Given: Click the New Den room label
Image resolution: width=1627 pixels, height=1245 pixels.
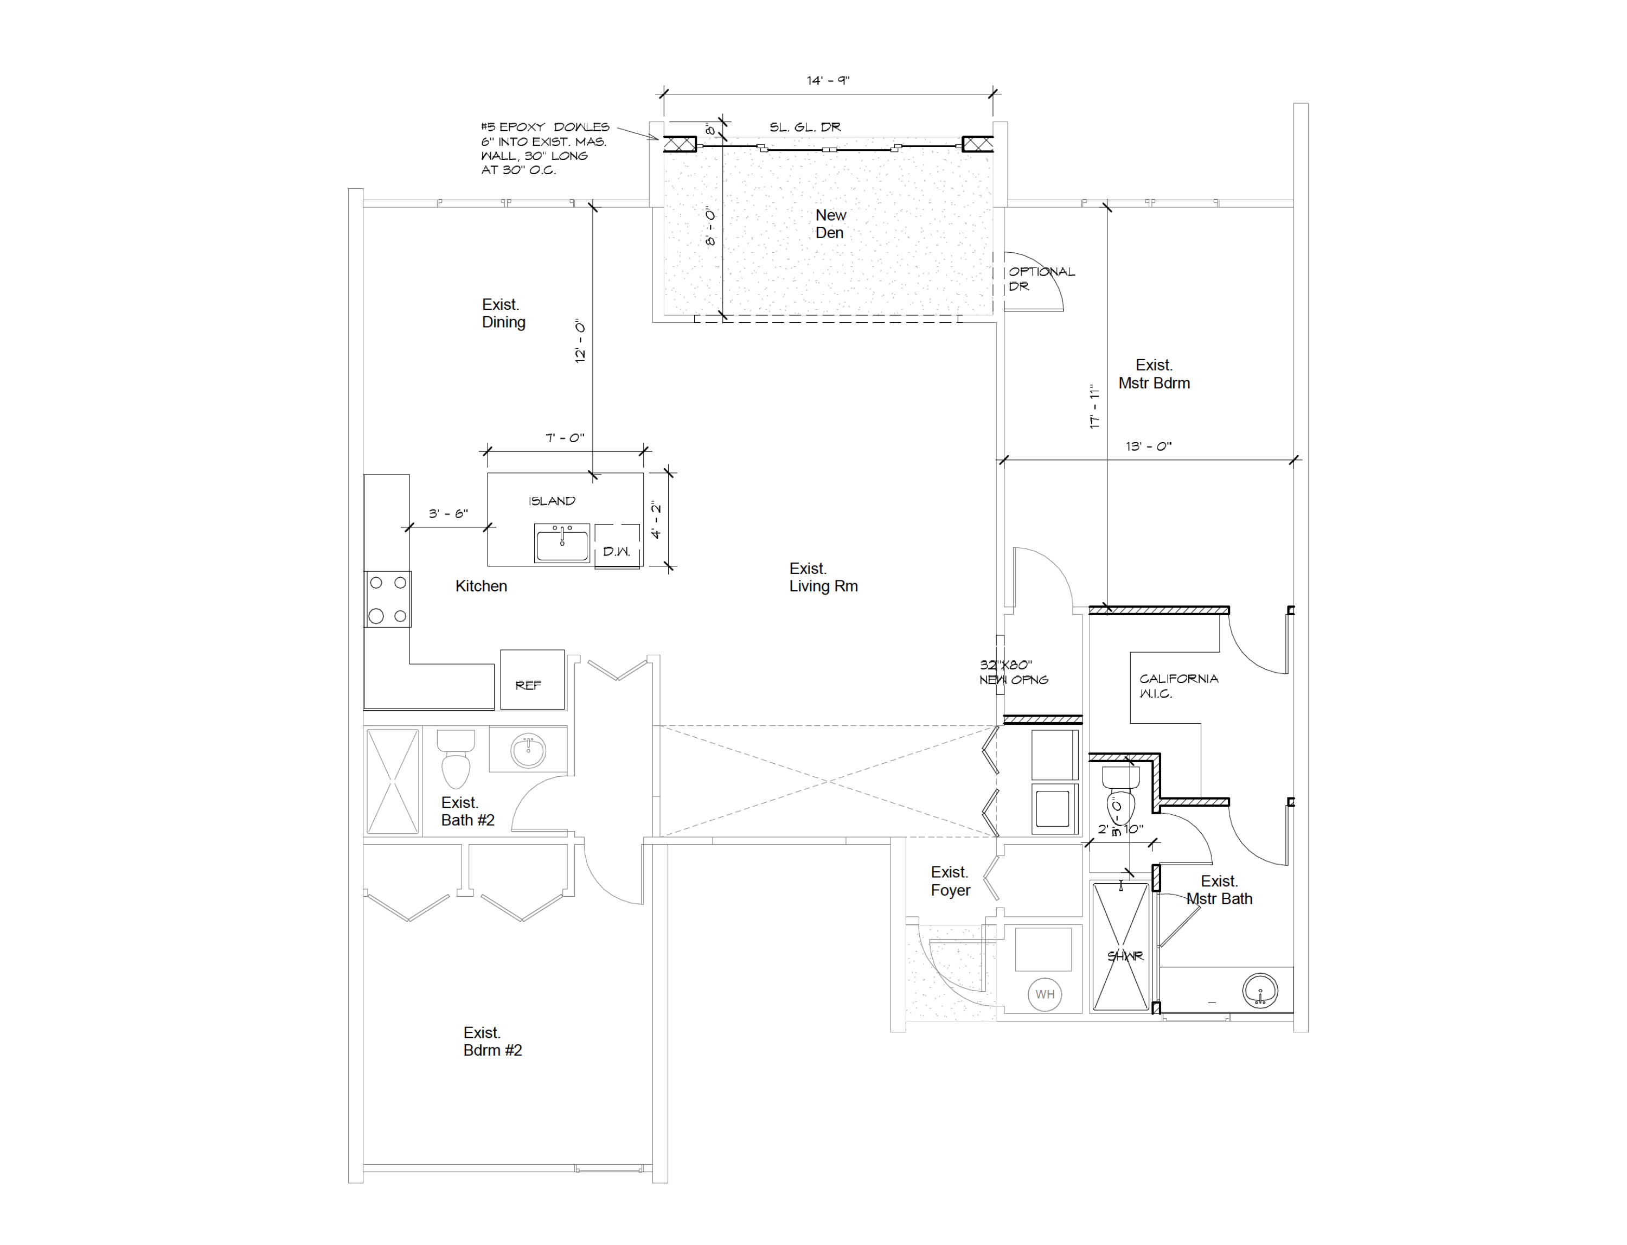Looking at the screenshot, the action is pyautogui.click(x=830, y=224).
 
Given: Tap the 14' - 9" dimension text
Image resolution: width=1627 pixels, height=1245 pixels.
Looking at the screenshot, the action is pyautogui.click(x=828, y=80).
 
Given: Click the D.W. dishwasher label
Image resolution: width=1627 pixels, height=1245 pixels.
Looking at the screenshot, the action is pyautogui.click(x=617, y=551).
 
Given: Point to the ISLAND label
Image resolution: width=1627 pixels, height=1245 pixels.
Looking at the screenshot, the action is pyautogui.click(x=551, y=501).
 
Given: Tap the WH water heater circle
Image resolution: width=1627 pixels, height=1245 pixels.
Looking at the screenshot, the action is pyautogui.click(x=1045, y=994).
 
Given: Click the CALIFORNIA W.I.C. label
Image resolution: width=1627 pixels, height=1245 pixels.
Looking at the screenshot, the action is pyautogui.click(x=1178, y=686).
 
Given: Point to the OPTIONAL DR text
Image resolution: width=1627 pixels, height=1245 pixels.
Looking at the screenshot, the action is pyautogui.click(x=1041, y=279).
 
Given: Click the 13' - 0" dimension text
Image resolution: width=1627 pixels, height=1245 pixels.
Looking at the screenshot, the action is pyautogui.click(x=1148, y=446).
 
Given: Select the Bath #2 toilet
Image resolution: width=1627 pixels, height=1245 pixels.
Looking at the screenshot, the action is pyautogui.click(x=456, y=759).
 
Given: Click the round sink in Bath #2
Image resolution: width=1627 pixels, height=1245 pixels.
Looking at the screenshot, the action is pyautogui.click(x=528, y=751).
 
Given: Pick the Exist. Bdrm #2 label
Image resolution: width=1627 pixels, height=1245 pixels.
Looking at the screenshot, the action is pyautogui.click(x=492, y=1041).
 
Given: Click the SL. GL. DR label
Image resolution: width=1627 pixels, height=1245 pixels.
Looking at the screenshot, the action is pyautogui.click(x=805, y=127).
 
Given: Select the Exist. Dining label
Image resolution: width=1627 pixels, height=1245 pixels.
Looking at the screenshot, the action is pyautogui.click(x=503, y=314).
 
